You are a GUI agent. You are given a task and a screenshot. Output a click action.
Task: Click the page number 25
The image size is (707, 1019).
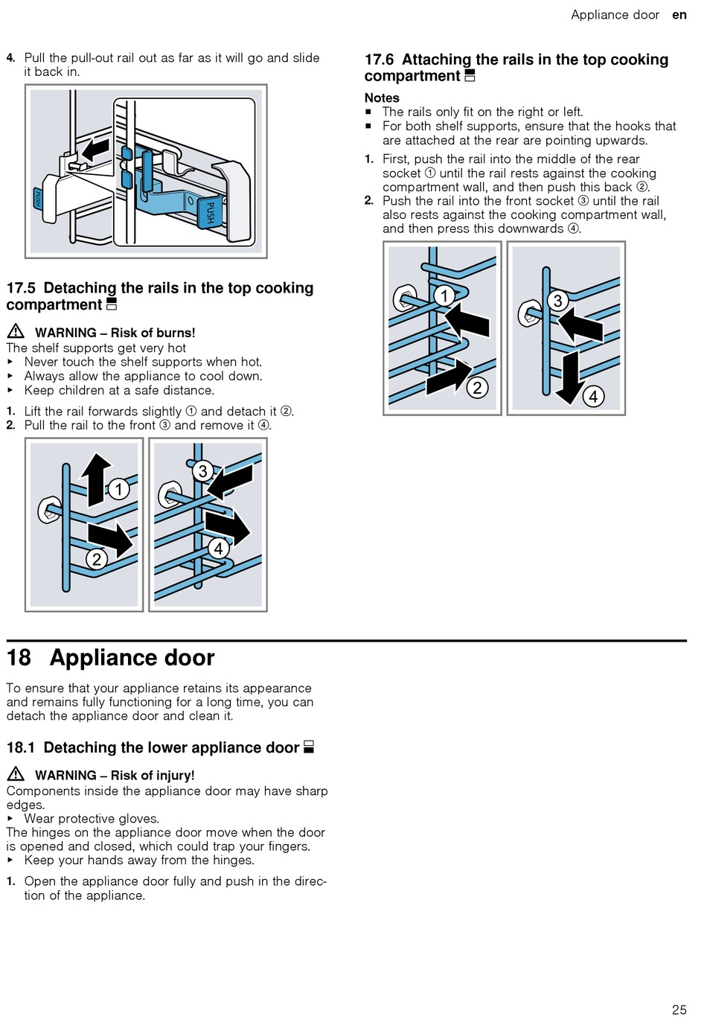679,1009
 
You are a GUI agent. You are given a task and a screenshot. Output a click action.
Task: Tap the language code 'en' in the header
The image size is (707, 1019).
679,15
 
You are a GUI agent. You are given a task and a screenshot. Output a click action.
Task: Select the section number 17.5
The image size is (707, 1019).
21,288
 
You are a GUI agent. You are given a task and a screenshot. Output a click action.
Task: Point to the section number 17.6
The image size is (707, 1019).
379,60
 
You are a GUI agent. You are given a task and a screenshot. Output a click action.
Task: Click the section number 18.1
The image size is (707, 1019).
21,748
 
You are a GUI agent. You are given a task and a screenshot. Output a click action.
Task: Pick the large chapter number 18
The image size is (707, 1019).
19,658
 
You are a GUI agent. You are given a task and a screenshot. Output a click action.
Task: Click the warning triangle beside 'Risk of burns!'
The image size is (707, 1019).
16,332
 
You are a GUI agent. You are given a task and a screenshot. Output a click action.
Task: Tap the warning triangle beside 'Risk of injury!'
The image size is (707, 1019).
16,774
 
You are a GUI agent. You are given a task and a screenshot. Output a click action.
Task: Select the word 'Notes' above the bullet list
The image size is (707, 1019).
382,98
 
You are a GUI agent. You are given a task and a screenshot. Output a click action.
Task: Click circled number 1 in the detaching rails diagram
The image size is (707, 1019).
118,489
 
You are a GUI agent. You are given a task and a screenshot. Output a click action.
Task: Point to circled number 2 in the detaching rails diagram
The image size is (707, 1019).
96,559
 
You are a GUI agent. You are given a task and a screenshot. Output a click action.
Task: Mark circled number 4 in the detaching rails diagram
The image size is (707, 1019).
218,549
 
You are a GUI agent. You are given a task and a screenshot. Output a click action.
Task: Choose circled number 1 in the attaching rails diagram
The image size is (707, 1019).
444,296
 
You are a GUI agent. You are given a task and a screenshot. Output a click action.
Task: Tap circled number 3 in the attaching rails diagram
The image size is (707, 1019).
557,301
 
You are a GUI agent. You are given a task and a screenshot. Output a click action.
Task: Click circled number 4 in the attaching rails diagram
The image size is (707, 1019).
593,396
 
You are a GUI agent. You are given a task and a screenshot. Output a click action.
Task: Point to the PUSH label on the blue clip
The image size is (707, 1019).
211,213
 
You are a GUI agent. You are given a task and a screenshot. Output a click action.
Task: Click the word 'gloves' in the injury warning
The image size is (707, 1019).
138,819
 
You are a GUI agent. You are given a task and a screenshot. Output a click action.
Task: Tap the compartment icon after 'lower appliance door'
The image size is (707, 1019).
309,747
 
